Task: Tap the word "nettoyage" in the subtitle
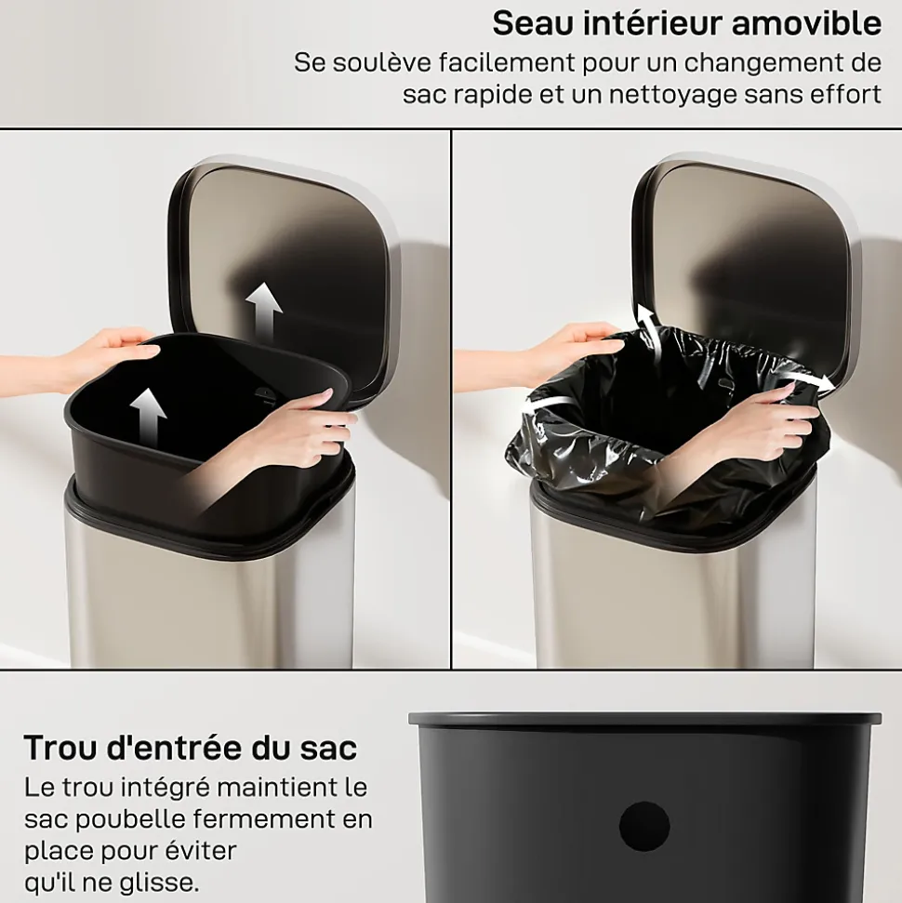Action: tap(672, 95)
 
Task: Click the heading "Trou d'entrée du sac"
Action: tap(191, 748)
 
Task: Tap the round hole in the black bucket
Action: tap(644, 826)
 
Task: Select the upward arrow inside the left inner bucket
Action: tap(148, 418)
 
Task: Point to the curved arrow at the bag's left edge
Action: tap(546, 404)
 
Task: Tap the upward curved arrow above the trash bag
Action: tap(648, 327)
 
